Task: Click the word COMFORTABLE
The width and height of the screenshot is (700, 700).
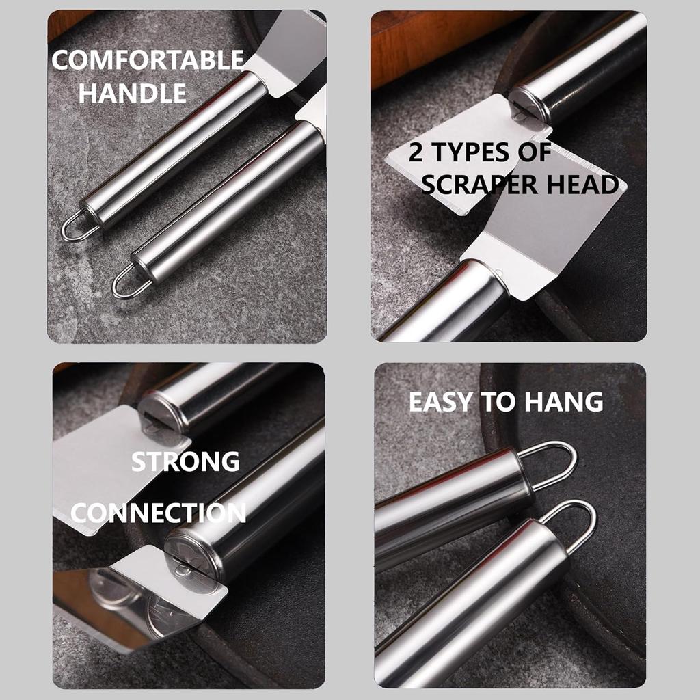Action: point(147,61)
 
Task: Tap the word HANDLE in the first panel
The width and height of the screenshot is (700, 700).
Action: point(132,92)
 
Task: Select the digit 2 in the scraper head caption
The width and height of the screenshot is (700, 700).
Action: point(415,153)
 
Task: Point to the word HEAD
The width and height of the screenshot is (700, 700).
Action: point(585,185)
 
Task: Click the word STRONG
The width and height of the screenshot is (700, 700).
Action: point(185,461)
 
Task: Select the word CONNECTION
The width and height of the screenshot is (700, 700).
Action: point(158,513)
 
